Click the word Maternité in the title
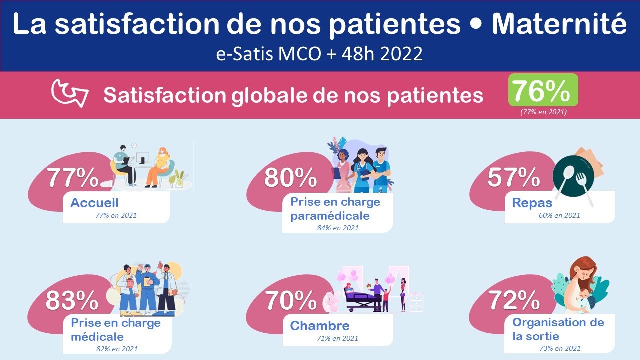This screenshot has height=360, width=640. point(559,24)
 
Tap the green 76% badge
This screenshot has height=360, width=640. point(543,90)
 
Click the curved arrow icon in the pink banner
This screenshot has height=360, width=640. point(70,93)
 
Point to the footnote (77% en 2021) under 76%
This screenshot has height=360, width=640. point(543,112)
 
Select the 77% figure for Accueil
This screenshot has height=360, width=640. point(73,178)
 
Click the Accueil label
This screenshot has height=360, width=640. point(94,203)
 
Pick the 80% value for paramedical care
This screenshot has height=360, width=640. point(290,178)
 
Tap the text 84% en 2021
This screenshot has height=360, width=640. point(338,228)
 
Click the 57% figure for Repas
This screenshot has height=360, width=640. point(513,178)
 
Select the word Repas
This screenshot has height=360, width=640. point(532,203)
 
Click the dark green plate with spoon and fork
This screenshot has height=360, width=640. point(573,176)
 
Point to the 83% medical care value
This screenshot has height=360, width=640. point(72,301)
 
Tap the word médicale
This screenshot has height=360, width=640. point(97,337)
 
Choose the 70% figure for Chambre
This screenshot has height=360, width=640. point(291,301)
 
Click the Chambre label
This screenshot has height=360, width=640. point(320,326)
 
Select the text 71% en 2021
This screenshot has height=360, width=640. point(337,338)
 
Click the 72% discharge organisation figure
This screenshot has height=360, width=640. point(514,301)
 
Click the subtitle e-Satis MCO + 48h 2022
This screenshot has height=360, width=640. point(319,54)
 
